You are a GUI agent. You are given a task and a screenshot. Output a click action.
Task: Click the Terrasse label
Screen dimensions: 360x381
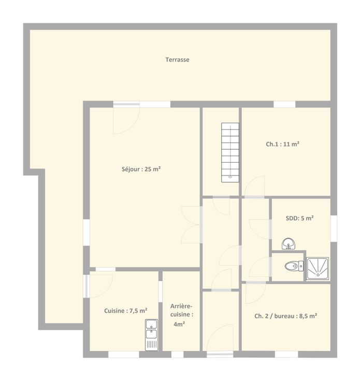177,60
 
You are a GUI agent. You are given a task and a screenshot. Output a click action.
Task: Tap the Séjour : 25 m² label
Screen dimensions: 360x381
141,169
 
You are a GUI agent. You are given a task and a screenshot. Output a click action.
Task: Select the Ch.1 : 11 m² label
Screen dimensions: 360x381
282,144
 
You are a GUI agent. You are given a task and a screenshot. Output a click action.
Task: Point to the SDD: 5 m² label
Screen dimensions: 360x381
299,218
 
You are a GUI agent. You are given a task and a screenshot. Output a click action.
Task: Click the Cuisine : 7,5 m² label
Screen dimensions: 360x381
126,311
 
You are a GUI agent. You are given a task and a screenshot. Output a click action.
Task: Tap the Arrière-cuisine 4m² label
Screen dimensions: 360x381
182,315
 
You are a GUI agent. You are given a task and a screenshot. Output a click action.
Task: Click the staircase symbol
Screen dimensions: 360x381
230,152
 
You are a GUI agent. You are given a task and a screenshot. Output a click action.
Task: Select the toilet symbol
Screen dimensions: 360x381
294,266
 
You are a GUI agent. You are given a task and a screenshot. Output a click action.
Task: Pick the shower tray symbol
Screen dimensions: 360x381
318,269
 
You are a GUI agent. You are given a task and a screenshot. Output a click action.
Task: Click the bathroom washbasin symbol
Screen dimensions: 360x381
289,243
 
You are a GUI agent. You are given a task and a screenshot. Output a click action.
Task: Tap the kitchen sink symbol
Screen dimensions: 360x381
151,335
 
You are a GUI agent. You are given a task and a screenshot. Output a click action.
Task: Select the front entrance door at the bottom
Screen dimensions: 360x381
220,340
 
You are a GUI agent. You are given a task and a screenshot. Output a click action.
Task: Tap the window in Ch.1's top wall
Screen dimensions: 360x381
284,104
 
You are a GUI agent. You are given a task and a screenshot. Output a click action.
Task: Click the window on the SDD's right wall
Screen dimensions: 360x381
334,228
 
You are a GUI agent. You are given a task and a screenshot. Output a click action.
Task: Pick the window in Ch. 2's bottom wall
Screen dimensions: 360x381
286,354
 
